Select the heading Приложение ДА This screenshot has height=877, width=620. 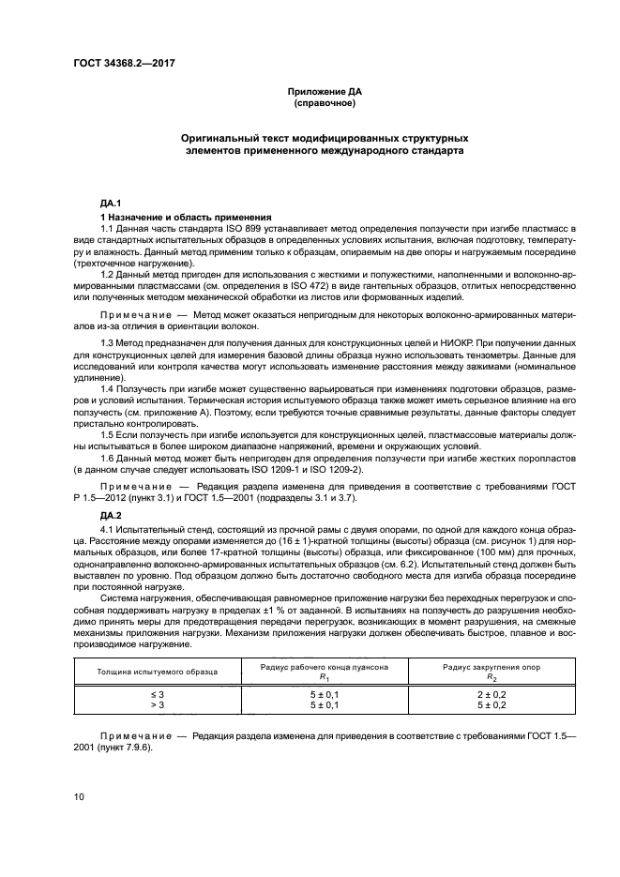324,92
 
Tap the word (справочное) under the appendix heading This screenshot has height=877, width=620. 324,103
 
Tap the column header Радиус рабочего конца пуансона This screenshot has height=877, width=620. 324,666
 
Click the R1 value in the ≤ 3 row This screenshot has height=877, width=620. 324,694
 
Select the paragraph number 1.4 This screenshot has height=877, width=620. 108,387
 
